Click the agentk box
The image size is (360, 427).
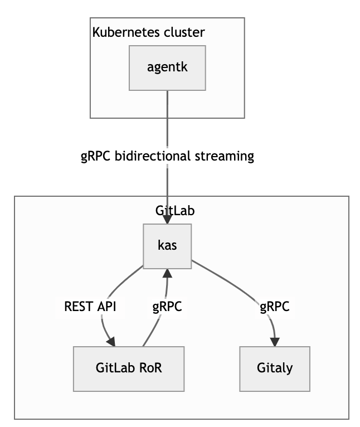167,67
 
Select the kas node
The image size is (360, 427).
167,246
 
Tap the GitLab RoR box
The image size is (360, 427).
129,368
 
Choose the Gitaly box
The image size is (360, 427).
275,368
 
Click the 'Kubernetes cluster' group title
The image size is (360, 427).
148,32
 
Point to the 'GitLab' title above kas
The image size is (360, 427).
174,211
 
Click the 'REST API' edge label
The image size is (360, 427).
90,307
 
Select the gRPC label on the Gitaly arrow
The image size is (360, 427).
274,307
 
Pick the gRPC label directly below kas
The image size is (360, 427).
167,307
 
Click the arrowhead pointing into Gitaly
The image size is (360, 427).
275,341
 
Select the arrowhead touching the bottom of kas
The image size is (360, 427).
166,273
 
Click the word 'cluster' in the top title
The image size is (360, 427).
184,32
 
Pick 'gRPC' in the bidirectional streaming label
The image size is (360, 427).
96,156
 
